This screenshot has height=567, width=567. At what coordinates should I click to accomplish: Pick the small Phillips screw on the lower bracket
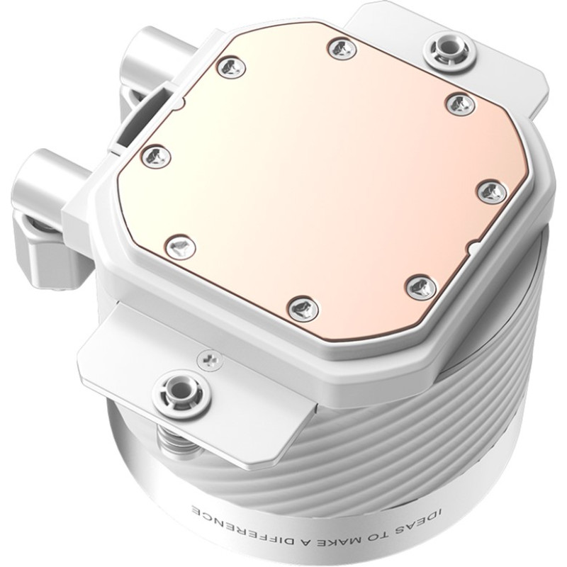[x=207, y=360]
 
